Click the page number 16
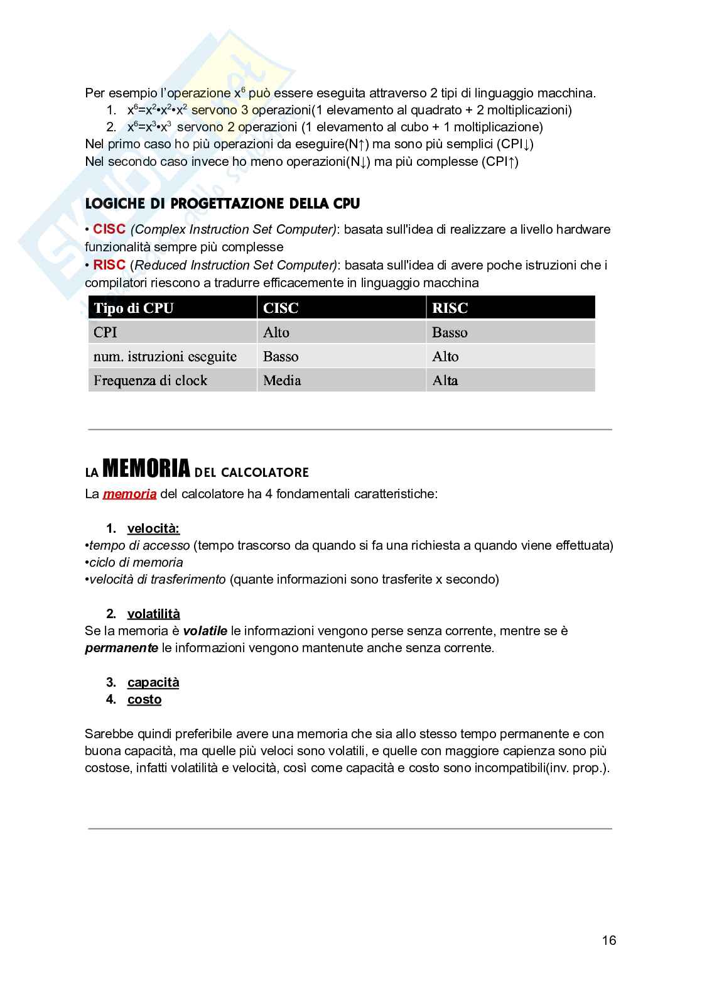(x=608, y=940)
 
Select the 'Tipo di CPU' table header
(x=133, y=308)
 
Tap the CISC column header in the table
(x=281, y=308)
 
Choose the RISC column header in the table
(x=450, y=308)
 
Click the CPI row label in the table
(x=105, y=332)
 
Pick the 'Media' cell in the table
(x=282, y=380)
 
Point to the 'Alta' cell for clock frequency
(x=445, y=380)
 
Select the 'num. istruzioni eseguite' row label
(x=165, y=356)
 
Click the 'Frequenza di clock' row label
(x=150, y=380)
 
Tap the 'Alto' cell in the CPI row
(x=276, y=332)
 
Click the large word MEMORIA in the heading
(x=146, y=469)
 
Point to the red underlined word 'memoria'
(x=129, y=494)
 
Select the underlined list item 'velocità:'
(x=153, y=528)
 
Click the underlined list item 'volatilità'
(x=153, y=614)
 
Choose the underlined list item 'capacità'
(x=153, y=682)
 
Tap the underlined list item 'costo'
(x=144, y=699)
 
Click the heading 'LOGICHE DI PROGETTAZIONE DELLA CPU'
(x=222, y=204)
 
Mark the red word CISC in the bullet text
(x=109, y=229)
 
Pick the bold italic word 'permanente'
(x=121, y=648)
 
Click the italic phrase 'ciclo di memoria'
(x=136, y=562)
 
